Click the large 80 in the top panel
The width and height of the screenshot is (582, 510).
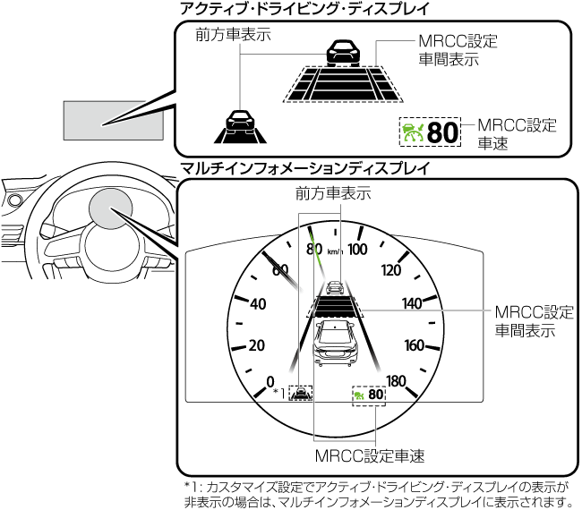pos(441,133)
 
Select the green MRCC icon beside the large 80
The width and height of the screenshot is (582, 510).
pos(413,133)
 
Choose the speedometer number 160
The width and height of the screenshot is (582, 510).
pos(415,345)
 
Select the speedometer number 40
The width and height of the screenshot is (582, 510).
pos(258,304)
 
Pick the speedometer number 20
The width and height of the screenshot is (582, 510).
pos(258,345)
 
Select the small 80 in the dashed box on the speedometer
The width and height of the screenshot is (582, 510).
pos(376,395)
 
